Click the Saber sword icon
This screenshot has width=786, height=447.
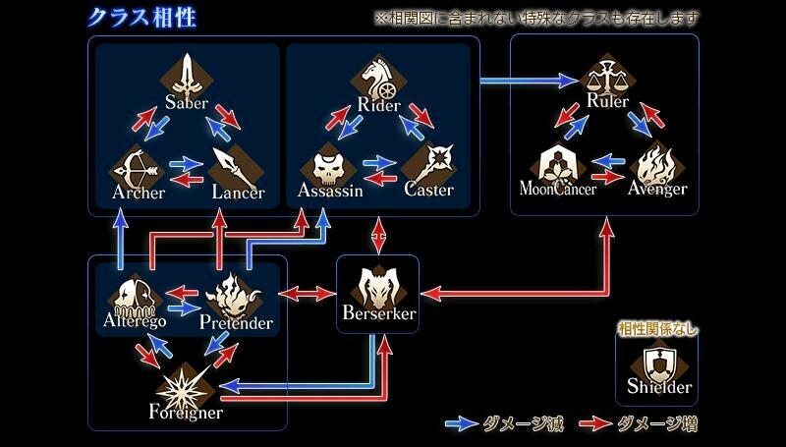click(x=189, y=75)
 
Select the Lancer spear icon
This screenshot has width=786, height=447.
click(x=236, y=164)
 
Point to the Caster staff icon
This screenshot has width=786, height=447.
click(x=428, y=164)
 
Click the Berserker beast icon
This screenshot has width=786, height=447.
click(x=378, y=284)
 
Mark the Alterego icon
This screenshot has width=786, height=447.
click(x=136, y=292)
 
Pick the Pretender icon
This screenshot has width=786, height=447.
click(x=236, y=292)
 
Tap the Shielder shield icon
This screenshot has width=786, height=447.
click(x=659, y=363)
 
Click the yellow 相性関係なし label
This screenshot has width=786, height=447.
click(x=657, y=329)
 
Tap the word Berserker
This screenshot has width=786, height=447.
click(x=379, y=313)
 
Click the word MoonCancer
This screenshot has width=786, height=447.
click(x=557, y=189)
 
